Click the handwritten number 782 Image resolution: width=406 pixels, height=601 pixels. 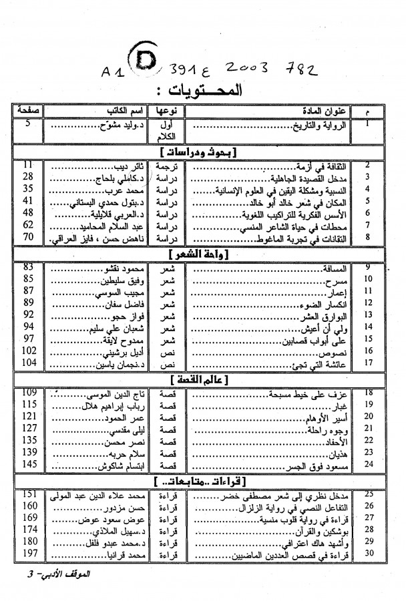pyautogui.click(x=300, y=69)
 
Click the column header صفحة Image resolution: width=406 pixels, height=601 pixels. pyautogui.click(x=28, y=111)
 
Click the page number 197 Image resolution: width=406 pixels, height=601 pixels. pyautogui.click(x=29, y=554)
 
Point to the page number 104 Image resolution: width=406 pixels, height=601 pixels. pyautogui.click(x=29, y=362)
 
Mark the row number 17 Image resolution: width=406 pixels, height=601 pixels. pyautogui.click(x=368, y=363)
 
